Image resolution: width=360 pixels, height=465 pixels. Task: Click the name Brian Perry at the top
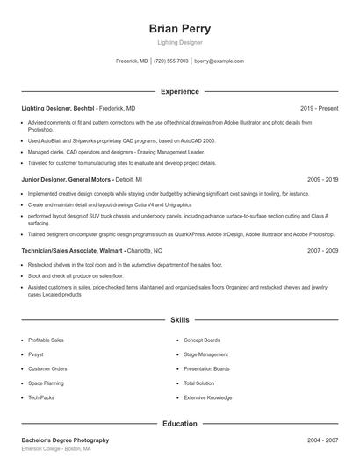click(180, 29)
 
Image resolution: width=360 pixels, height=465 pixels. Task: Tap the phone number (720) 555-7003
click(171, 61)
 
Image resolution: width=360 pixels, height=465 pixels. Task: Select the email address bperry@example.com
click(219, 61)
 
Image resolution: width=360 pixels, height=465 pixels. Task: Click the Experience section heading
click(180, 91)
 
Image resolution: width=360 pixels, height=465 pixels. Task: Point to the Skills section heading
click(180, 321)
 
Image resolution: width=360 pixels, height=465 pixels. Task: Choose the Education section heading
click(180, 424)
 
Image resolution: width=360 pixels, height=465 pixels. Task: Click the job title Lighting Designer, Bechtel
click(59, 108)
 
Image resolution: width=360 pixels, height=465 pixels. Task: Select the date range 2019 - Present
click(319, 108)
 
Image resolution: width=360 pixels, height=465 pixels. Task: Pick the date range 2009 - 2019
click(322, 179)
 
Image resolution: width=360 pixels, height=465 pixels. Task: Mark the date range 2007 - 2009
click(322, 250)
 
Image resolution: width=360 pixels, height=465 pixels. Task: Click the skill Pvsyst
click(37, 354)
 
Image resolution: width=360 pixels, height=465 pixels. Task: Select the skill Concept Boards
click(202, 340)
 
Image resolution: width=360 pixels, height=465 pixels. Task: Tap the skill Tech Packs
click(41, 397)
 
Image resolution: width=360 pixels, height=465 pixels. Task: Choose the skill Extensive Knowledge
click(208, 397)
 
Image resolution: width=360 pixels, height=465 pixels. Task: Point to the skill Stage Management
click(205, 354)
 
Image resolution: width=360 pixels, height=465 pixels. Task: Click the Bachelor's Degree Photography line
click(66, 440)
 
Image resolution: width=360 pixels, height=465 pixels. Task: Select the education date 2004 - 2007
click(322, 440)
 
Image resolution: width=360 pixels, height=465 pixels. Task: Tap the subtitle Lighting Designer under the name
click(180, 43)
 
